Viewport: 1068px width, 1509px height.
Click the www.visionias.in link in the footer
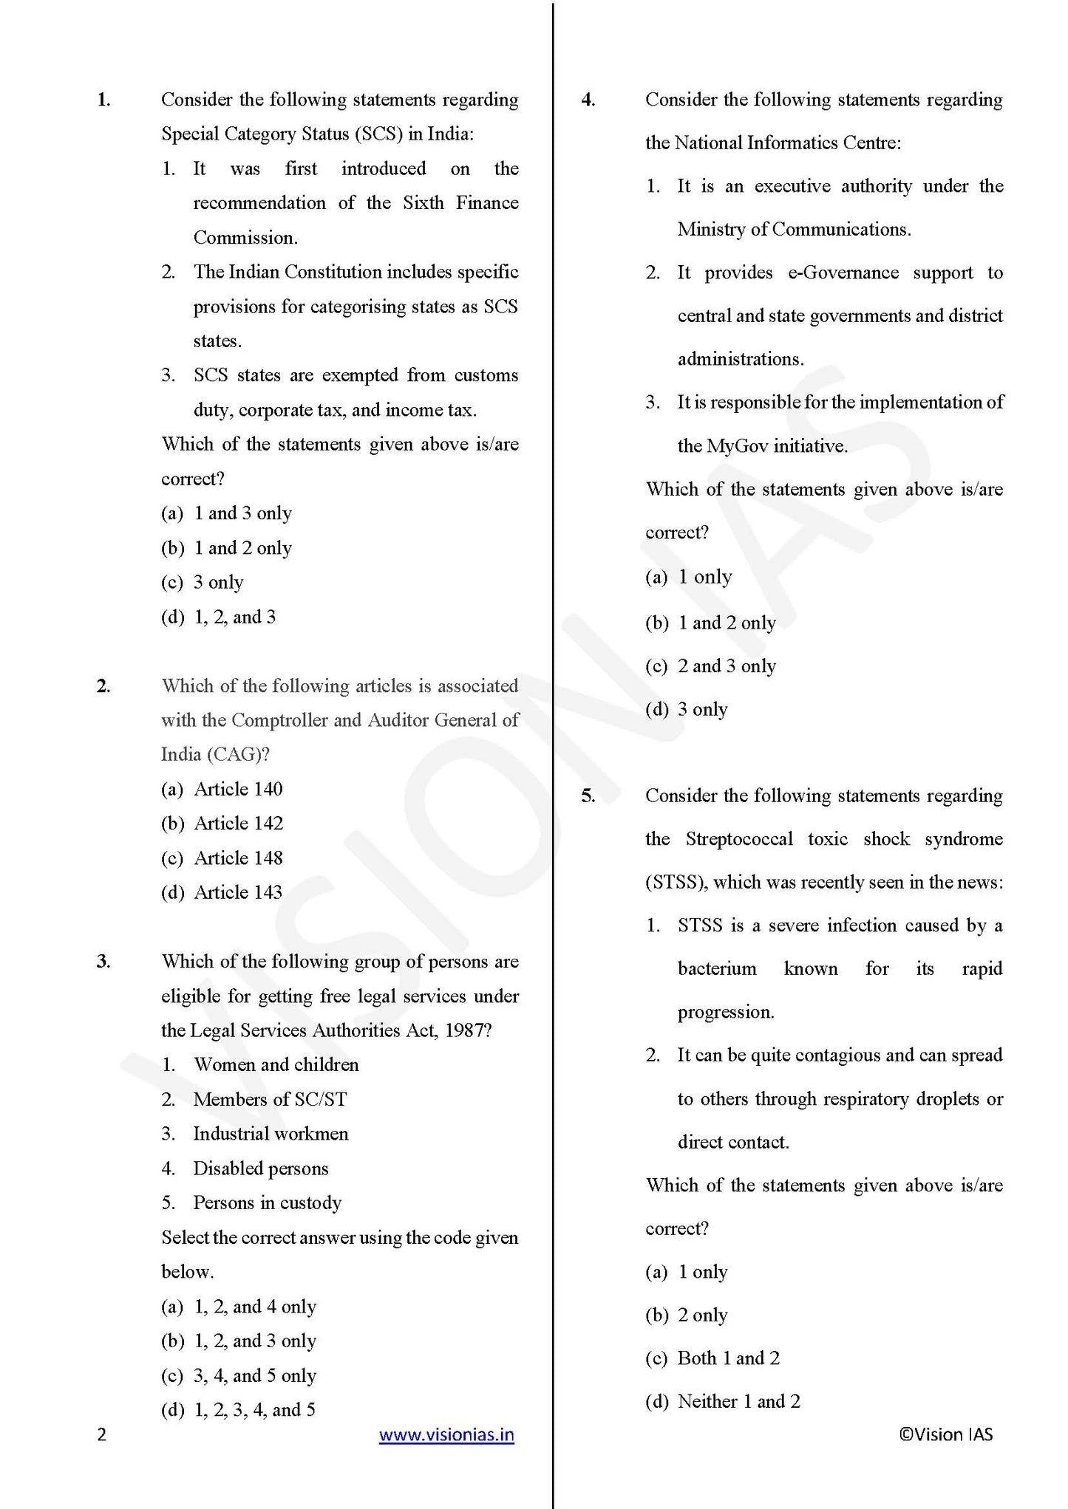click(x=446, y=1434)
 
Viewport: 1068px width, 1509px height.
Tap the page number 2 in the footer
click(x=102, y=1434)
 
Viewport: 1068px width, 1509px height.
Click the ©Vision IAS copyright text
click(x=945, y=1434)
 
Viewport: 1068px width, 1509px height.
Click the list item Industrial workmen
click(x=271, y=1134)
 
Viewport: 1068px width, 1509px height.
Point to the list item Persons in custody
click(x=267, y=1202)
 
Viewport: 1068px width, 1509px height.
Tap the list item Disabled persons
click(x=260, y=1168)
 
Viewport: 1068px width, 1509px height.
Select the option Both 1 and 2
click(x=728, y=1358)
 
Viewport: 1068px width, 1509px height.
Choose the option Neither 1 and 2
click(x=738, y=1401)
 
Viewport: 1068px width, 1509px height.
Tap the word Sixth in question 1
click(x=424, y=203)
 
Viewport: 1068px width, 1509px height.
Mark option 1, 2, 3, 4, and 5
click(x=254, y=1410)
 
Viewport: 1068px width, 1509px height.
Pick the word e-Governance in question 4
click(x=843, y=273)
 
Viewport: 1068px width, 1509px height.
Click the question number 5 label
click(x=588, y=795)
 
